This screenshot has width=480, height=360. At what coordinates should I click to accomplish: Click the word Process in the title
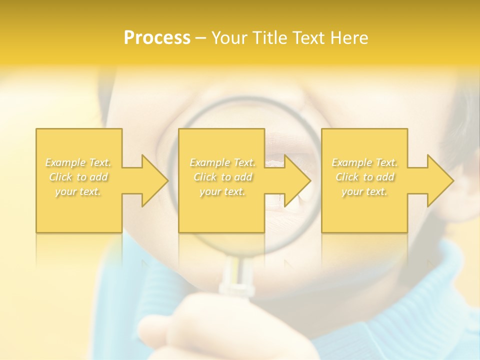point(157,38)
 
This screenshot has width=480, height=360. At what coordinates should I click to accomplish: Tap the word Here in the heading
point(348,38)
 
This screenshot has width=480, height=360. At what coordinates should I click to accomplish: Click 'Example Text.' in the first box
point(78,162)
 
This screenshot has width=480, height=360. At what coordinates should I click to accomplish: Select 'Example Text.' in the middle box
point(222,162)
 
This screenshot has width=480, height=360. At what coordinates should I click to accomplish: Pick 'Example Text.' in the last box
point(364,162)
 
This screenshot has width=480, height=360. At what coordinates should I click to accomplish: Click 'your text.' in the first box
point(78,191)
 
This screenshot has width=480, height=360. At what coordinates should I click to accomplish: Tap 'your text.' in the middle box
point(222,191)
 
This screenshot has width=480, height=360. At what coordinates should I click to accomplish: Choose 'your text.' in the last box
point(364,191)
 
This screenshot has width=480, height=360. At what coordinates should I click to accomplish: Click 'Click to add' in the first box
point(78,177)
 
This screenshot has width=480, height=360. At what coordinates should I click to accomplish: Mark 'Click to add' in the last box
point(364,177)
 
